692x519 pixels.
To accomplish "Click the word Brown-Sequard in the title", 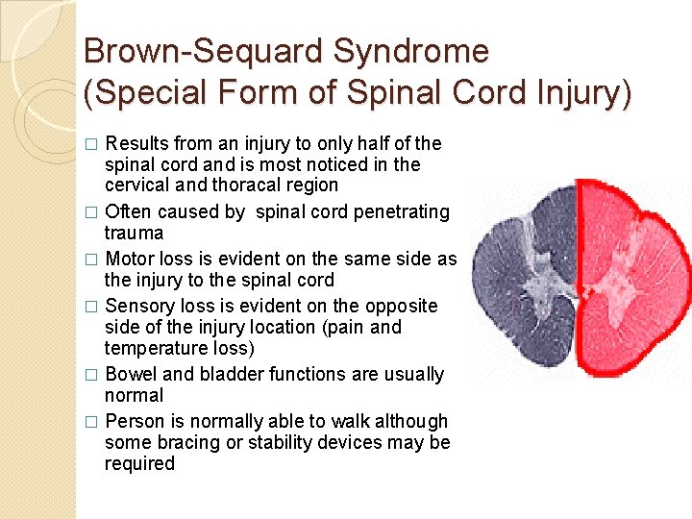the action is click(x=187, y=50).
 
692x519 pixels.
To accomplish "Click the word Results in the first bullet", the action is click(x=136, y=143).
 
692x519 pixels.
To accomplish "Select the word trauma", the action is click(x=135, y=234).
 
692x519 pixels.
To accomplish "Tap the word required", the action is click(x=140, y=464).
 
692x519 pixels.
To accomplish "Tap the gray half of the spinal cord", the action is click(x=524, y=279).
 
